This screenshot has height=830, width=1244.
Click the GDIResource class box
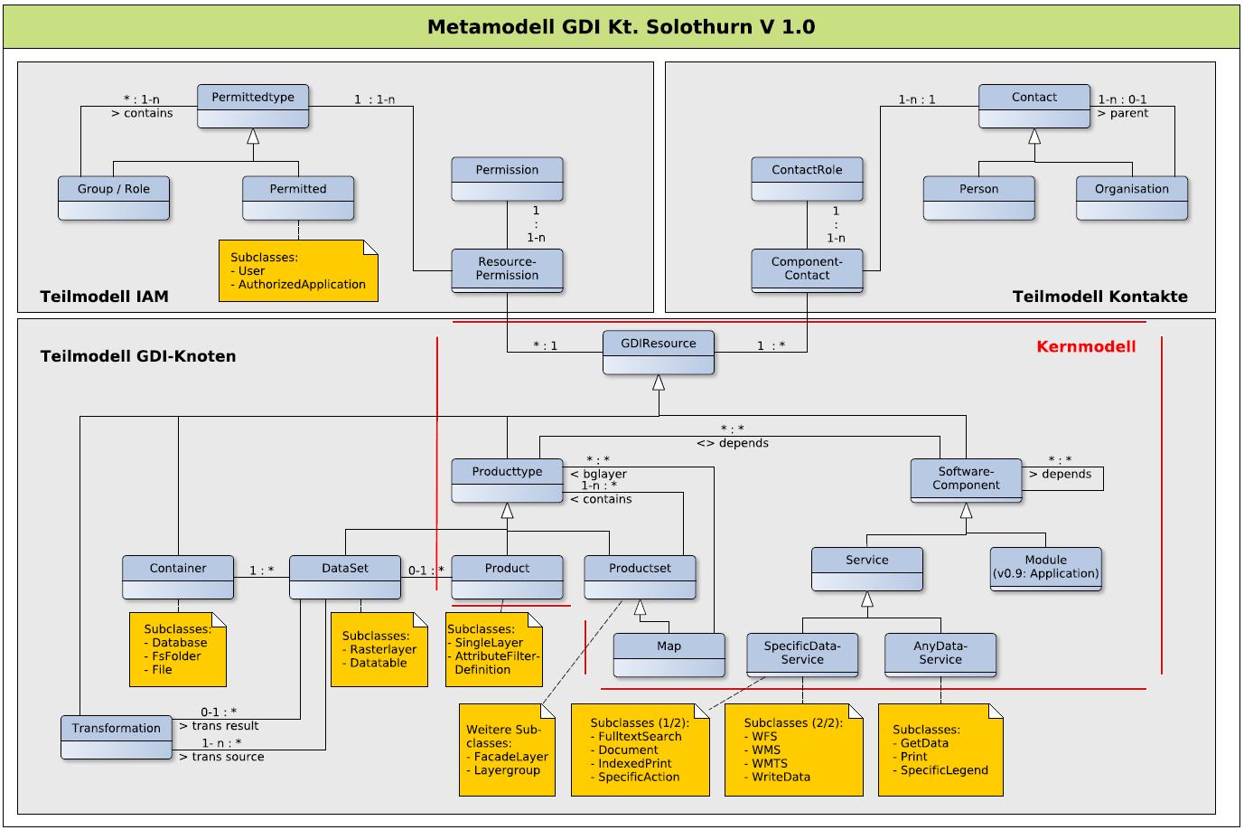pos(659,353)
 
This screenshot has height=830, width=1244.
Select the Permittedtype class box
pos(253,106)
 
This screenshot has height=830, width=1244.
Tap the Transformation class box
pos(116,737)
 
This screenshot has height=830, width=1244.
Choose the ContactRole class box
pos(807,179)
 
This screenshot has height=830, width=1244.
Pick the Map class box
pos(669,655)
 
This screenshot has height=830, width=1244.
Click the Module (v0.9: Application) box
pos(1046,570)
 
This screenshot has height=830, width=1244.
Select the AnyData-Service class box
pos(940,655)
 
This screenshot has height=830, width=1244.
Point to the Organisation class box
pos(1132,199)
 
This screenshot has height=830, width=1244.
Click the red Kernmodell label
pos(1086,346)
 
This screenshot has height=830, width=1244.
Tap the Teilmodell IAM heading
pos(105,297)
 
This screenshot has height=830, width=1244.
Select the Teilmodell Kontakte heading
pos(1099,297)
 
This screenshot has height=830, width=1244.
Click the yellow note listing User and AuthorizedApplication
pos(298,270)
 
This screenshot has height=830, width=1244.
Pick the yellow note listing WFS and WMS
pos(793,750)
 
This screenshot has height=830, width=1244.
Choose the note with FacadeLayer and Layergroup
pos(507,750)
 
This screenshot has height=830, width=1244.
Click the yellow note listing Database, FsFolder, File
pos(178,649)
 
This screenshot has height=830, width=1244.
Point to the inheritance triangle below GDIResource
pos(659,382)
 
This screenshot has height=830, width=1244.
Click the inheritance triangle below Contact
pos(1034,137)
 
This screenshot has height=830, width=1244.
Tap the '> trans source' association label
pos(221,757)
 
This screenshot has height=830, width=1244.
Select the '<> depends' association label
pos(733,443)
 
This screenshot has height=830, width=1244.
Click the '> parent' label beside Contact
pos(1122,113)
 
